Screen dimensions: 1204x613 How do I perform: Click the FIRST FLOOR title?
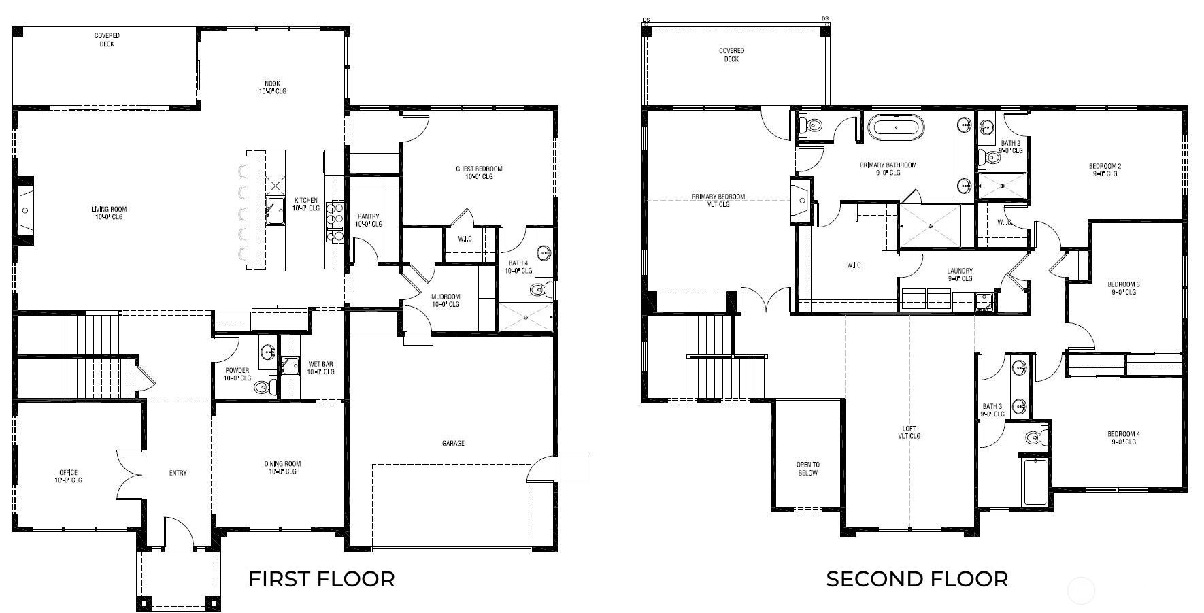(x=321, y=579)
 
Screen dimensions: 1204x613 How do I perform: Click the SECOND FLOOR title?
(x=917, y=579)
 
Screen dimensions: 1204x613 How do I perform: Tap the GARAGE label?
(x=453, y=444)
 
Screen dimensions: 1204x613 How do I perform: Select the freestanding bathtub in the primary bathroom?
(x=895, y=127)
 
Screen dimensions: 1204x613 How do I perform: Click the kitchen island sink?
(x=275, y=211)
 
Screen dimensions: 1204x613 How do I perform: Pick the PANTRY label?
(x=369, y=220)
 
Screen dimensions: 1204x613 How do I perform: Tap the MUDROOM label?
(x=446, y=300)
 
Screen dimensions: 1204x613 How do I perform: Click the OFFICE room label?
(x=68, y=476)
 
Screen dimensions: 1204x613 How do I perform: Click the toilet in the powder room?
(x=264, y=388)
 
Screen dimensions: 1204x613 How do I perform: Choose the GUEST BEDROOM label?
(x=479, y=173)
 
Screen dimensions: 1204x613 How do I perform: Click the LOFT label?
(x=909, y=433)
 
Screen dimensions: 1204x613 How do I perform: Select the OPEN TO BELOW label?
(x=808, y=469)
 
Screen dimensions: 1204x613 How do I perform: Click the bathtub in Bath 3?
(x=1035, y=482)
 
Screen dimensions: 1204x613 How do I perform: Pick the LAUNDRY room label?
(x=960, y=274)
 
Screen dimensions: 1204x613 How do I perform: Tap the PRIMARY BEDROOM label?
(x=718, y=201)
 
